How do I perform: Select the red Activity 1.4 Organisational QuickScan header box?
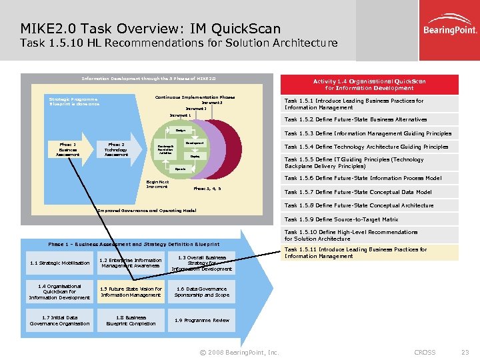(369, 85)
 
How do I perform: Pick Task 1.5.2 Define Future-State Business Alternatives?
(365, 119)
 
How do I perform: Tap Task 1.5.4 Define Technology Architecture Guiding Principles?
(367, 147)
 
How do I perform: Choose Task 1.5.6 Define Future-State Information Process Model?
(363, 178)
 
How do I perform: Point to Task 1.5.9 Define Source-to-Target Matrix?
(341, 219)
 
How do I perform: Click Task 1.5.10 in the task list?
(351, 235)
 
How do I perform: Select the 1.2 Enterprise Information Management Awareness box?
(130, 263)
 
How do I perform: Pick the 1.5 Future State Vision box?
(130, 292)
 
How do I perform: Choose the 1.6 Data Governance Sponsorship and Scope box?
(202, 292)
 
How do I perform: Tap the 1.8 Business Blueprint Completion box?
(130, 321)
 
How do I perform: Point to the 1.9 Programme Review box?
(202, 320)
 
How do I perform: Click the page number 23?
(465, 352)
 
